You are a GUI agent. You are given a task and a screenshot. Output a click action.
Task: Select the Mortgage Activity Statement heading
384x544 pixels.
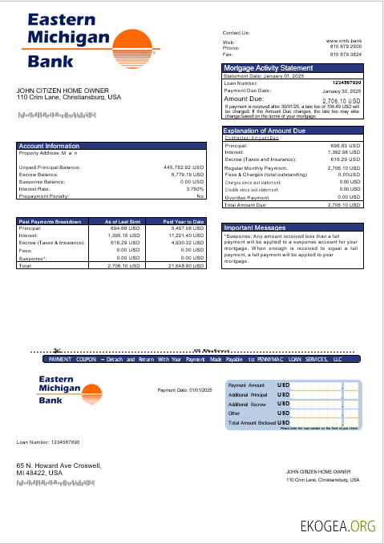click(x=268, y=68)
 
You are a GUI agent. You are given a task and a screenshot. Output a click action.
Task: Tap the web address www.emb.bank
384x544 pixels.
click(x=344, y=40)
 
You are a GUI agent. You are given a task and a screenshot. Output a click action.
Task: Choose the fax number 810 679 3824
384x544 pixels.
click(x=346, y=54)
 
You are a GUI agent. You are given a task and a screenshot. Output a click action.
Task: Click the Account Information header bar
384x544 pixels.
click(x=49, y=146)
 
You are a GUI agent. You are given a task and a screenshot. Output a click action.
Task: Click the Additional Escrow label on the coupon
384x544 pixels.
click(x=247, y=404)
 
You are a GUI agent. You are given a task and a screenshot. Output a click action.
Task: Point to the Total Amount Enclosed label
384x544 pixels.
click(x=252, y=422)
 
